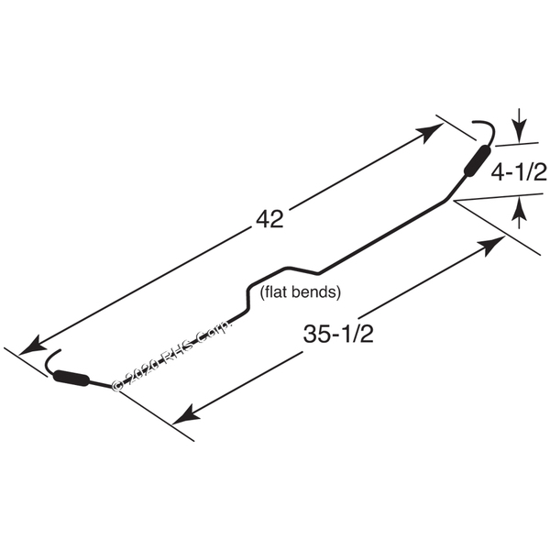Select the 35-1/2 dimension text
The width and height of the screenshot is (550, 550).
point(336,335)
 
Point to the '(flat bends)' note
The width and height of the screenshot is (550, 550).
point(302,293)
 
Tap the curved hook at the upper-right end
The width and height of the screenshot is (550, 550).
point(486,129)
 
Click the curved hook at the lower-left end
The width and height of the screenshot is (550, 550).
point(50,359)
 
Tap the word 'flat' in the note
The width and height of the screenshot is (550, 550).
point(279,293)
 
